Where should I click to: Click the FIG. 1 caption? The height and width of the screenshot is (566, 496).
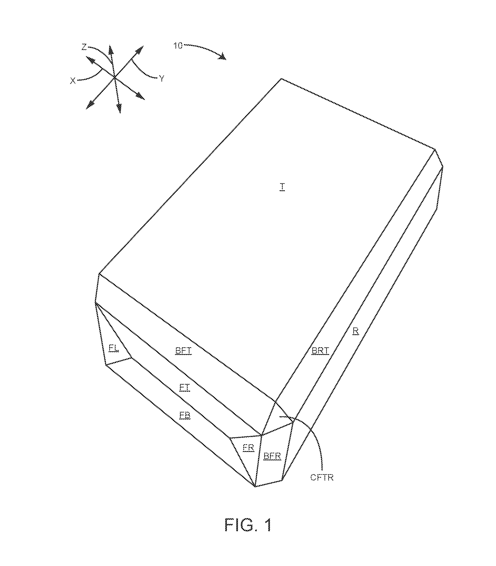click(248, 525)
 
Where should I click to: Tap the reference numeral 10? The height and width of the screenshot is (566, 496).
click(178, 46)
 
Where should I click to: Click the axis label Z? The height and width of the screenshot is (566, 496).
click(84, 47)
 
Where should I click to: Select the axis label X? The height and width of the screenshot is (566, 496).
click(73, 81)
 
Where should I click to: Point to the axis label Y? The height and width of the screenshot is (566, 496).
click(162, 79)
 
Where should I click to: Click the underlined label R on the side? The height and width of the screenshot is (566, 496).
click(356, 331)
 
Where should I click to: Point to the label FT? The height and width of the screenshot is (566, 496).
click(185, 388)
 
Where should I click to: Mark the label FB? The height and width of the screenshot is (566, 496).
click(185, 415)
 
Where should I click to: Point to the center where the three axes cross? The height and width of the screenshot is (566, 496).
click(115, 77)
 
